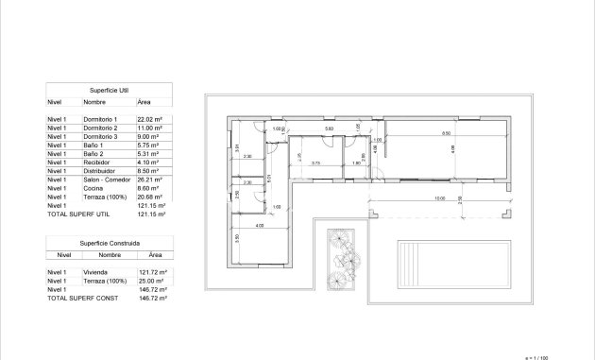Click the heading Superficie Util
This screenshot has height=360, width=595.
pos(110,89)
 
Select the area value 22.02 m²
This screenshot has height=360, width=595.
pos(151,119)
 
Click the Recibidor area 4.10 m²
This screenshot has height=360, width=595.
pos(149,162)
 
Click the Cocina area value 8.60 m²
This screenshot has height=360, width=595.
pos(149,187)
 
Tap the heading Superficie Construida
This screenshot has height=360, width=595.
pos(110,244)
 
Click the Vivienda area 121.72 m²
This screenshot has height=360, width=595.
pos(152,272)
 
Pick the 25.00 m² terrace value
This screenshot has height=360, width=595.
pos(151,281)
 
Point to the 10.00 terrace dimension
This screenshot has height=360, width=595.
pos(440,198)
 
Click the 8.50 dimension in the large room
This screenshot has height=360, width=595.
pos(446,133)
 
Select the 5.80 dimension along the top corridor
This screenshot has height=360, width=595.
pos(329,129)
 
